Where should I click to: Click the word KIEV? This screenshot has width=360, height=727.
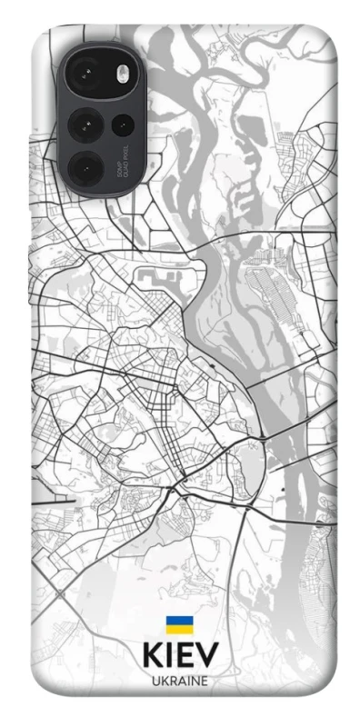180,656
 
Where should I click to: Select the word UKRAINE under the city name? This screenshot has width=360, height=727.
180,680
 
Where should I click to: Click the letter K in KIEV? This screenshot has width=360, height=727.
153,656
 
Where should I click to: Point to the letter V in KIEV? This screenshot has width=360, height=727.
207,656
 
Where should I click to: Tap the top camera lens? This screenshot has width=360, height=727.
88,73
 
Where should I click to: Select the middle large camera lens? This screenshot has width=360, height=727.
88,120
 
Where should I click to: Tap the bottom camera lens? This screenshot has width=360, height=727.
88,167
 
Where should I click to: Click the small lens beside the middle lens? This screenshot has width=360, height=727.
121,122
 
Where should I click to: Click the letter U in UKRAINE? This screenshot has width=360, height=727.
155,680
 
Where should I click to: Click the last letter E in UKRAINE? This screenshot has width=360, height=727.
205,680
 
